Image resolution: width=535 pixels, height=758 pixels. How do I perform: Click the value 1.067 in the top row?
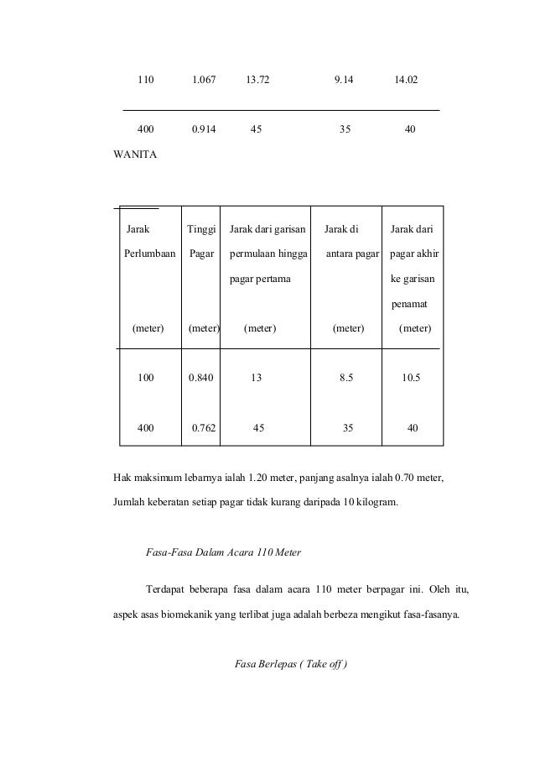(204, 81)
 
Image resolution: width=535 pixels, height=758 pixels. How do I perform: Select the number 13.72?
(258, 81)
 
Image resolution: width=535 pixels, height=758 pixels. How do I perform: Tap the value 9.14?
(344, 81)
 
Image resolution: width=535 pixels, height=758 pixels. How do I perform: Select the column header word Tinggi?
(201, 229)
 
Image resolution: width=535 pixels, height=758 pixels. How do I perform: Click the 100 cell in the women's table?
(146, 378)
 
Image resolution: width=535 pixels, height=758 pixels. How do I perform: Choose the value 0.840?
(201, 378)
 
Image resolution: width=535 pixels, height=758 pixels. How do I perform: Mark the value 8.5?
(345, 378)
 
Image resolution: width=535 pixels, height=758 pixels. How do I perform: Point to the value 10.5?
(411, 378)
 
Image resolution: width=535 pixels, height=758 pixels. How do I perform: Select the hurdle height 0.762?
(204, 427)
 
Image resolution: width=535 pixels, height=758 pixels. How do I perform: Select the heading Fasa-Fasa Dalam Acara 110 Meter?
(223, 552)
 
